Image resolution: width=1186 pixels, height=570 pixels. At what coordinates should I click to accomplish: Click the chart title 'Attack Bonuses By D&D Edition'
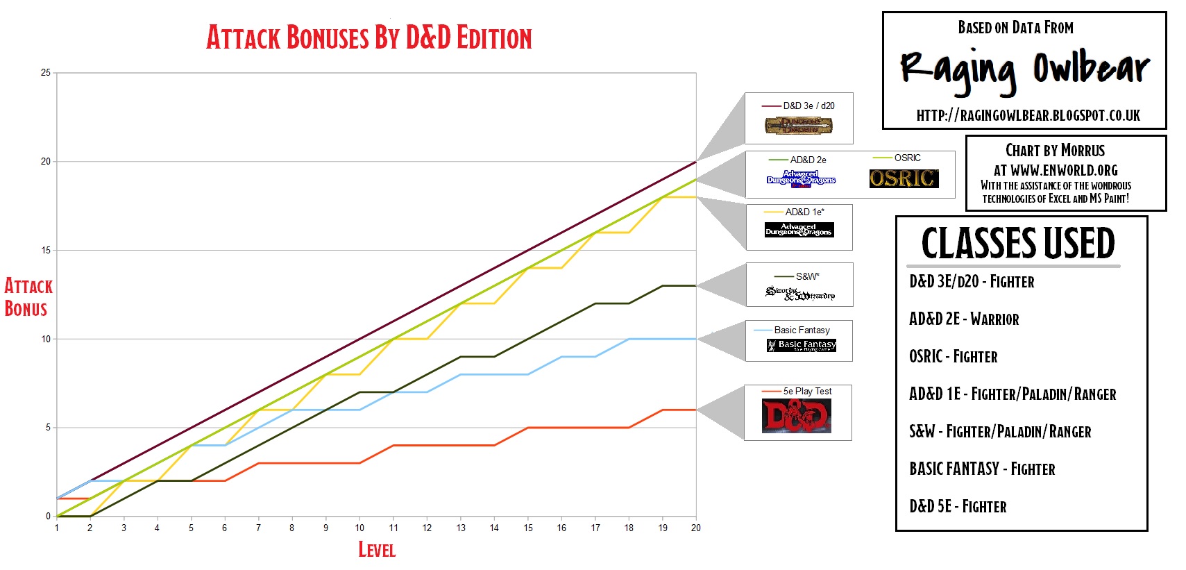pos(368,37)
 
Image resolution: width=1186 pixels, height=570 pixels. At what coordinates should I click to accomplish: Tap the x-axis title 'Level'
pos(376,550)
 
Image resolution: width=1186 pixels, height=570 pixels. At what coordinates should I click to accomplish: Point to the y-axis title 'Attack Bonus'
pos(28,297)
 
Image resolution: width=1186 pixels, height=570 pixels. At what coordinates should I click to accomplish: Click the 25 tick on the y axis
pos(46,73)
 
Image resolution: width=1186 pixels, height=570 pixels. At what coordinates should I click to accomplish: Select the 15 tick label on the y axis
pos(46,250)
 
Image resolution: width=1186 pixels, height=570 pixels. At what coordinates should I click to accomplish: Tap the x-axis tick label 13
pos(461,528)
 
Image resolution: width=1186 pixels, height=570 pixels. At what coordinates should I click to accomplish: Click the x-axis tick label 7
pos(258,528)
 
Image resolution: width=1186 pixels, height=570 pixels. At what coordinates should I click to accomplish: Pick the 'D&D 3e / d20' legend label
pos(808,106)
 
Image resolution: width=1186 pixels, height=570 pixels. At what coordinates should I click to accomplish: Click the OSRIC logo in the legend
pos(904,178)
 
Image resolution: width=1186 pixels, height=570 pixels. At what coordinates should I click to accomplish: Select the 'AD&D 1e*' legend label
pos(804,212)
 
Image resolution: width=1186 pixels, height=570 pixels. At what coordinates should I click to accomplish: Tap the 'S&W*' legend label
pos(807,276)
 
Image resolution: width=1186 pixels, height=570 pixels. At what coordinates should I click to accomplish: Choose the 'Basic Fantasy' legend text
pos(802,330)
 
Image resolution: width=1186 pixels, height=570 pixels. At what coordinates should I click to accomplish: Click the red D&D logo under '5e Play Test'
pos(797,416)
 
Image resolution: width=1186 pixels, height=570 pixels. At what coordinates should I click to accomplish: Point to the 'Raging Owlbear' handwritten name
pos(1024,70)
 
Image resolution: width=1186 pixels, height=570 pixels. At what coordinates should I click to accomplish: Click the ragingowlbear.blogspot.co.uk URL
pos(1028,115)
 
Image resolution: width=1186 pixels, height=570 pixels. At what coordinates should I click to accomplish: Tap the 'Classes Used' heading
pos(1017,243)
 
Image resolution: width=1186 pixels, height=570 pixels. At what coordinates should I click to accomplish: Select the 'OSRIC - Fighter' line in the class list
pos(953,357)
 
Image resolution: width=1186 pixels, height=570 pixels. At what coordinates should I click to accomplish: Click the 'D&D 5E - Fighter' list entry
pos(958,507)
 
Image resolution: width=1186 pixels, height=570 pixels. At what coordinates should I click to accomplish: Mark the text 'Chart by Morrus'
pos(1055,151)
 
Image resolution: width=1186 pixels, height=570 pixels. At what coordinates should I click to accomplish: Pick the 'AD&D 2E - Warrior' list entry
pos(964,319)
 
